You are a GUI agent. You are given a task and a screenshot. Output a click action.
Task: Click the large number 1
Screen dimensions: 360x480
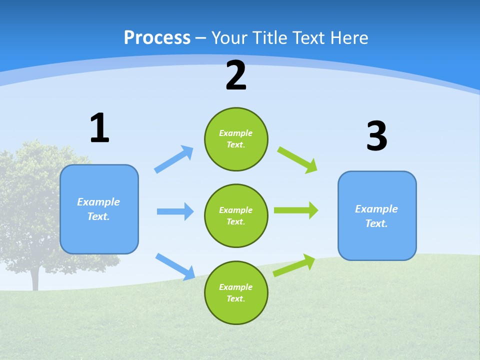click(99, 128)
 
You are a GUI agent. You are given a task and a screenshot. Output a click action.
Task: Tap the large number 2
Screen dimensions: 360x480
click(236, 75)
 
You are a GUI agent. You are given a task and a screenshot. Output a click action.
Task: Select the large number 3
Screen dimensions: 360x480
click(376, 136)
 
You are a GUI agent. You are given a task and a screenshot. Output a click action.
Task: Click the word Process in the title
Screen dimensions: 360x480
click(157, 37)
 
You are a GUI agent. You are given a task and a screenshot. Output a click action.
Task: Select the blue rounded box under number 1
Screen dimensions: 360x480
click(99, 209)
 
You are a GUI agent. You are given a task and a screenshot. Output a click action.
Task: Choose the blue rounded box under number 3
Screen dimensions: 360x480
click(377, 216)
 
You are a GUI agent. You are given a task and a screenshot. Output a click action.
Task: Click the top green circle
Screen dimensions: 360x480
click(236, 139)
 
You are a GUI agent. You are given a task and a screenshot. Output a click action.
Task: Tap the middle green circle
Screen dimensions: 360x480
click(236, 216)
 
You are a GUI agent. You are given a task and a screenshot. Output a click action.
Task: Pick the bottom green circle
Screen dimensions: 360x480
click(236, 293)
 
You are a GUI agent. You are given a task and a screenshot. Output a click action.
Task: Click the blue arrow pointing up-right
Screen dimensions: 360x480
click(174, 159)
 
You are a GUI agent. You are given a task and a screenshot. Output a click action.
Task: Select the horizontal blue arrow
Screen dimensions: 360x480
click(175, 211)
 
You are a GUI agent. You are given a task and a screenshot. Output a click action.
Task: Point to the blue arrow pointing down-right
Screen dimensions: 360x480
click(175, 266)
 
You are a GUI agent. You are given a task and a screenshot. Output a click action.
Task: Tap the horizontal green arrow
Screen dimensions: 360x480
click(296, 210)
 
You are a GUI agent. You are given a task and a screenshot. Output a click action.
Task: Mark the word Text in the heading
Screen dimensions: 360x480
click(309, 37)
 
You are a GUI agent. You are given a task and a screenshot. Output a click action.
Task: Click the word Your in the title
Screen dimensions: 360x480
click(229, 37)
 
